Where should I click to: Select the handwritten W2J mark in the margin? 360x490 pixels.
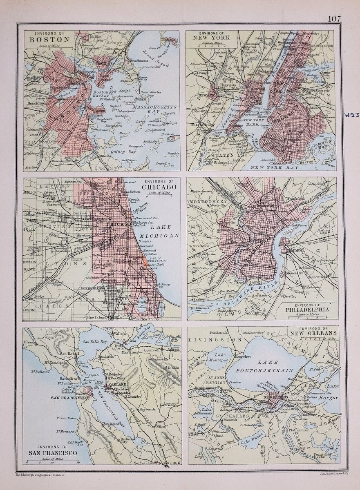[x=351, y=116]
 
